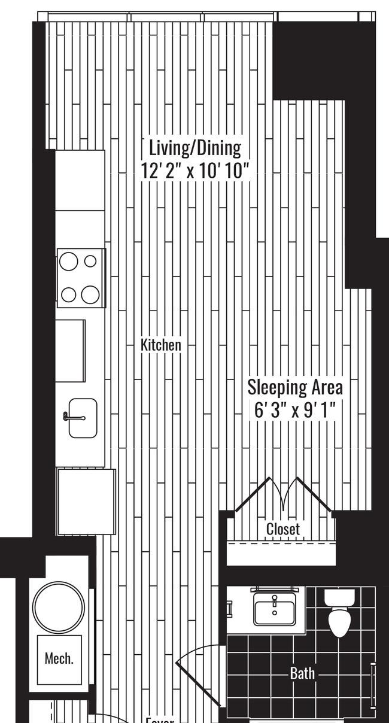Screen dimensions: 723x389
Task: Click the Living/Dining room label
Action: (194, 147)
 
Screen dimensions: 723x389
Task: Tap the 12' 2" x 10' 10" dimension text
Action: (194, 171)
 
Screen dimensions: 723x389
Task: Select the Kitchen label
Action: (160, 345)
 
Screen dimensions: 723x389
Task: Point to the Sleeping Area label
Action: (295, 387)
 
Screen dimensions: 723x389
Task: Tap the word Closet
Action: (282, 529)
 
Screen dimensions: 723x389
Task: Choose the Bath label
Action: (302, 673)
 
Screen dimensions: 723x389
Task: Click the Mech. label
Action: (59, 659)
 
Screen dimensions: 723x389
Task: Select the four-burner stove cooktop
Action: (80, 278)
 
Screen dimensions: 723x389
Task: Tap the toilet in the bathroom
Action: (339, 613)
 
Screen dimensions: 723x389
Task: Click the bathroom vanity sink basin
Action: (275, 611)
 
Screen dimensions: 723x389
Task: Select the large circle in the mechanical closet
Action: (59, 606)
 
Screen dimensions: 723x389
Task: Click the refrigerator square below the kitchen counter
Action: (86, 502)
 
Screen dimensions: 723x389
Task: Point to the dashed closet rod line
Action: (281, 544)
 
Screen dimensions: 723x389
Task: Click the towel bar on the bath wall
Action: (373, 685)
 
